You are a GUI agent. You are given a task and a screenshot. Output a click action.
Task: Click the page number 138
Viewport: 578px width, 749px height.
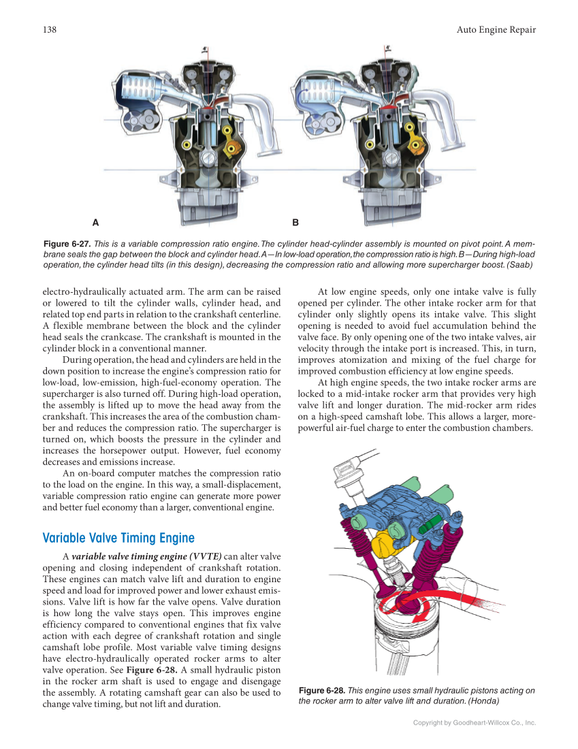point(49,29)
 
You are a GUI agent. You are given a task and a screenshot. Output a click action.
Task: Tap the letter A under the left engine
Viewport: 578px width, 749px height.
point(95,222)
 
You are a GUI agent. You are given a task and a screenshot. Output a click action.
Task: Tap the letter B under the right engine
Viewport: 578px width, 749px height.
point(295,222)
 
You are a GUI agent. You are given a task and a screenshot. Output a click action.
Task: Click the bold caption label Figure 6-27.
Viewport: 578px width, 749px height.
point(67,244)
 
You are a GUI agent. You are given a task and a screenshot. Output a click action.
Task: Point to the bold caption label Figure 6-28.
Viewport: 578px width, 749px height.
point(322,690)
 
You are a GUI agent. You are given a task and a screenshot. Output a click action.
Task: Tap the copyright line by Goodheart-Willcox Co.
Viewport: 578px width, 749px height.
point(475,722)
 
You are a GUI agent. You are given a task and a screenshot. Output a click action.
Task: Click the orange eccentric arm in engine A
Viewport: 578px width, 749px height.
point(236,146)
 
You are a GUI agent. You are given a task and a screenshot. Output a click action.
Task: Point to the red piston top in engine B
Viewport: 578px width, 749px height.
point(388,106)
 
